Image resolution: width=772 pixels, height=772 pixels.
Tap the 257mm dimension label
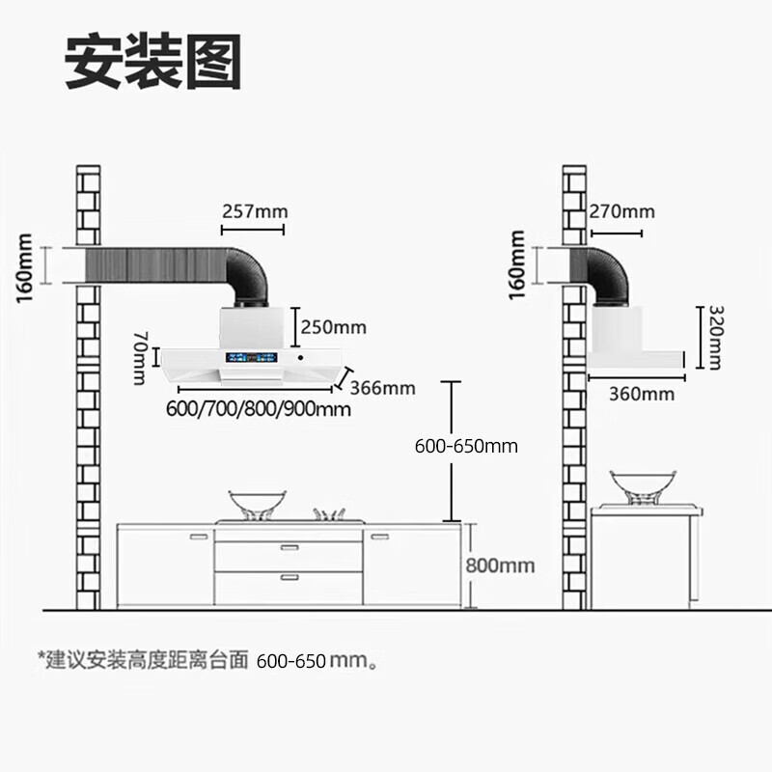coord(255,211)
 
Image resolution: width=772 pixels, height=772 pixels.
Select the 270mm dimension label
coord(622,211)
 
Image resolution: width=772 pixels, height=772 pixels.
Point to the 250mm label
coord(334,327)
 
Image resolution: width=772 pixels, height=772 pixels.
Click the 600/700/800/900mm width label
coord(258,409)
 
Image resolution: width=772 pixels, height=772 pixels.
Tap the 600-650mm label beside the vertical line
coord(466,446)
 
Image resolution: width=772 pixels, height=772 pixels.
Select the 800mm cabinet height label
coord(500,565)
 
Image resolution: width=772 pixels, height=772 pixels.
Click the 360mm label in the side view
coord(643,395)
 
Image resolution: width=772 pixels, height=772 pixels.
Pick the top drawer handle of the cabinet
coord(289,547)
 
